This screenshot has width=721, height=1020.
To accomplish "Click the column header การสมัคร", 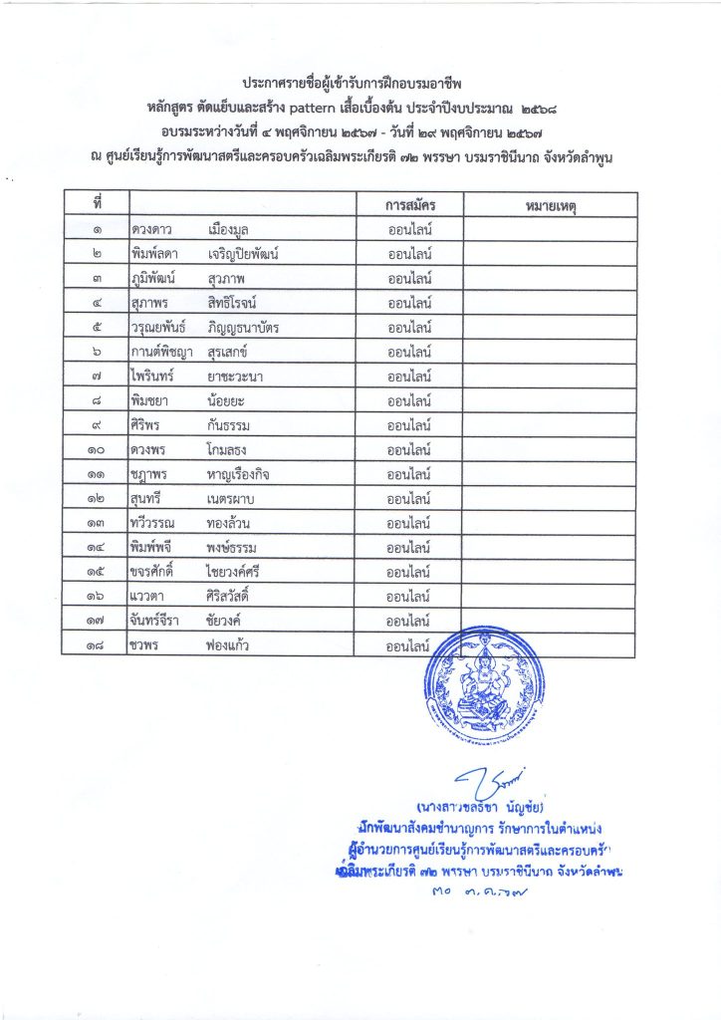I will pyautogui.click(x=409, y=204).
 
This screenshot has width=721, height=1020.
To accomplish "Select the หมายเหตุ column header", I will pyautogui.click(x=549, y=204).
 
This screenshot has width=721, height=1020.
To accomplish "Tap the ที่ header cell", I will pyautogui.click(x=98, y=204).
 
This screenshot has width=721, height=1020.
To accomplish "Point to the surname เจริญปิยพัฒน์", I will pyautogui.click(x=243, y=254).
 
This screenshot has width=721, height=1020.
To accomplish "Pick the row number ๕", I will pyautogui.click(x=98, y=328).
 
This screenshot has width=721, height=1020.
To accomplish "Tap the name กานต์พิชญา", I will pyautogui.click(x=163, y=352).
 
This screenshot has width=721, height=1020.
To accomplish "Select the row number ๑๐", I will pyautogui.click(x=98, y=449).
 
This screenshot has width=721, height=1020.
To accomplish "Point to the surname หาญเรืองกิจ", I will pyautogui.click(x=239, y=474).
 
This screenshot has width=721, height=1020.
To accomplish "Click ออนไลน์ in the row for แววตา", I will pyautogui.click(x=408, y=597).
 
